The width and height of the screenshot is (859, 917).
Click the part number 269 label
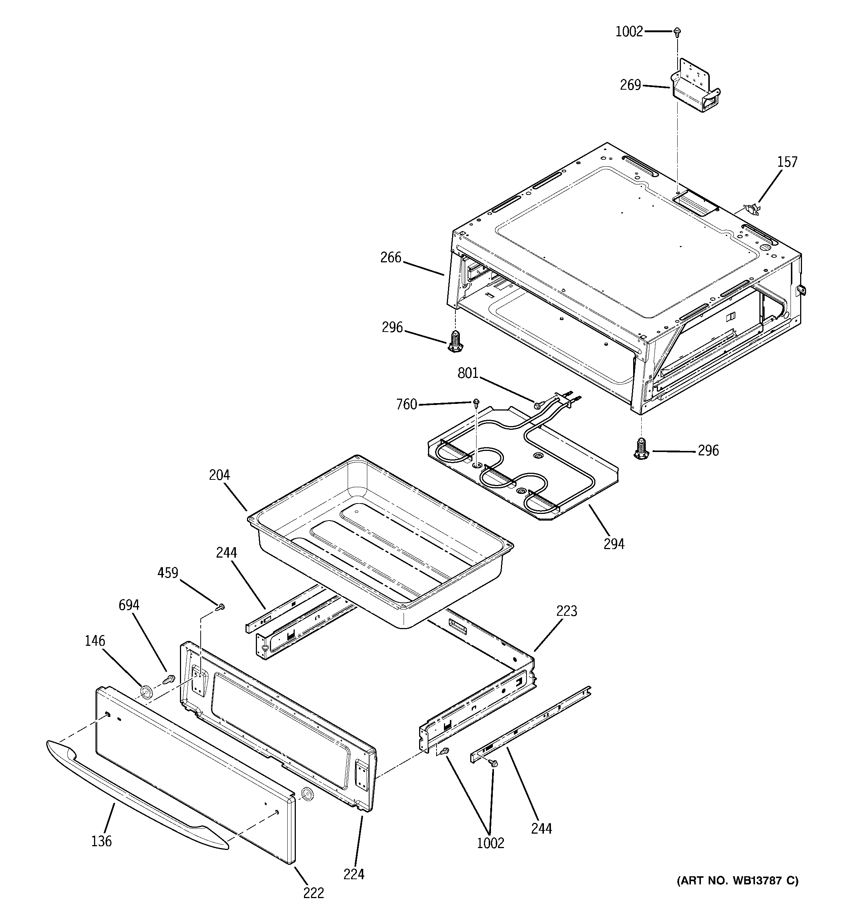630,85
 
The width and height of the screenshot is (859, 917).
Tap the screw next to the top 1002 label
677,32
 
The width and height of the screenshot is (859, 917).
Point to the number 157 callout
787,162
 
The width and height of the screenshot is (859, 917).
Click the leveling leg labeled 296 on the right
639,448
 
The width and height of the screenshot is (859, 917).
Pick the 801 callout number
468,373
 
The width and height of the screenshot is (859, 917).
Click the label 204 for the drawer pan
219,475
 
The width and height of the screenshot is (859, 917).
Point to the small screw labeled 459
221,607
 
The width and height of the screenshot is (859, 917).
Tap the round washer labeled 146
146,691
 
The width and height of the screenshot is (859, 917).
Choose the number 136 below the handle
101,841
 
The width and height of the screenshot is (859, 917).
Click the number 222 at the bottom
314,893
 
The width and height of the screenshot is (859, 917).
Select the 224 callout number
354,874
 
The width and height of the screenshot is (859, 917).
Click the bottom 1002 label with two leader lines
490,843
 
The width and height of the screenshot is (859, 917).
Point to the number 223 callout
566,611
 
